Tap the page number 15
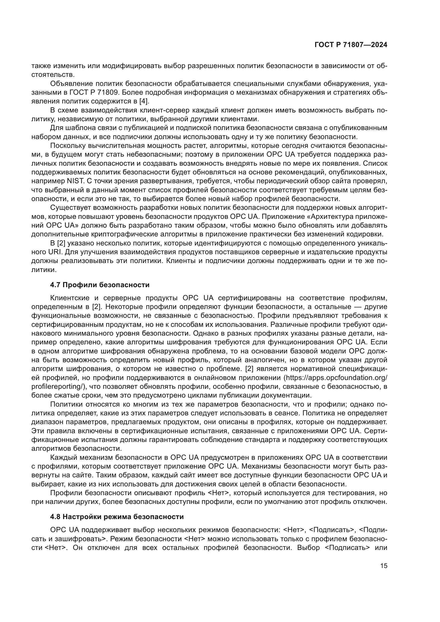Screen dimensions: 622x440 coord(384,566)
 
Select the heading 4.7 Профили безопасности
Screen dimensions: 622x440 coord(100,285)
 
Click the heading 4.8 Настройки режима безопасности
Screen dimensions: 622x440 coord(117,517)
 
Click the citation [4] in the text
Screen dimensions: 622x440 coord(144,101)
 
